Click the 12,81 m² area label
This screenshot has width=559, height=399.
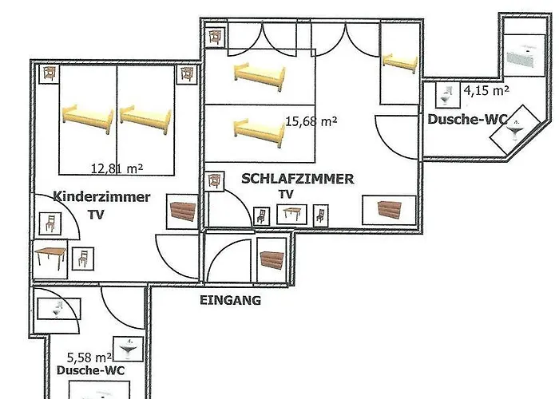(117, 168)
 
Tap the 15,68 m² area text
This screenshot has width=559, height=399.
(311, 122)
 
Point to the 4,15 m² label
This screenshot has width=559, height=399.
(487, 91)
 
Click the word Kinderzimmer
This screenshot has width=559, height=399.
(101, 196)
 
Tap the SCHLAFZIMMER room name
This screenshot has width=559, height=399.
(297, 179)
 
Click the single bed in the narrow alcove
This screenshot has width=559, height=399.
(398, 61)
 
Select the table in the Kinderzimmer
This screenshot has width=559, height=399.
(50, 259)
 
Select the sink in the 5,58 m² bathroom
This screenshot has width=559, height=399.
(128, 349)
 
